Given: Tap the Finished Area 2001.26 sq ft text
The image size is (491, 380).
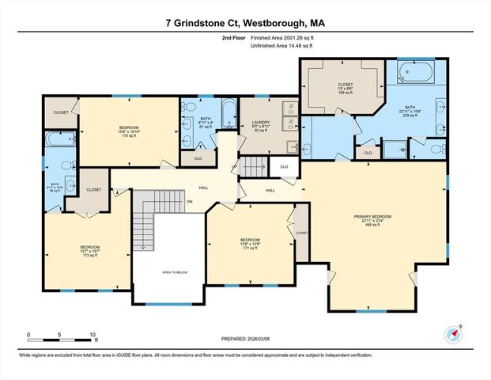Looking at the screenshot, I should tap(281, 36).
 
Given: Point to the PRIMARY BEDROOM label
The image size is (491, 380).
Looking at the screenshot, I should tap(372, 219).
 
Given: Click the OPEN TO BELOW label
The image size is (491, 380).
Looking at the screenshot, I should tap(175, 271).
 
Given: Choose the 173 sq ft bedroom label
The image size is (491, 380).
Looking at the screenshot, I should tap(89, 251).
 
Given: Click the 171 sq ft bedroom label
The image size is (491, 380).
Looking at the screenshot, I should tap(250, 244).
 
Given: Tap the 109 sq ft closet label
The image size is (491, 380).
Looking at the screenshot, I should tap(346, 87).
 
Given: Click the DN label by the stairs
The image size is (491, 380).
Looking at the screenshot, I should tap(189, 201).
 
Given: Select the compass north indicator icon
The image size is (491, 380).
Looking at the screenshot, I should tap(453, 333).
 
